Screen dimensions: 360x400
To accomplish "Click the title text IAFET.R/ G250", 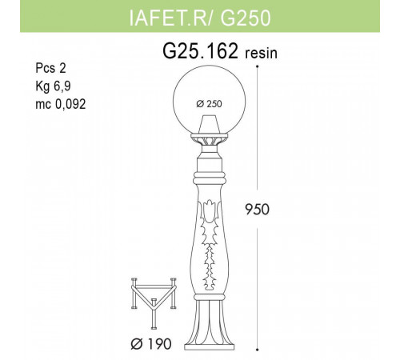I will pyautogui.click(x=199, y=17).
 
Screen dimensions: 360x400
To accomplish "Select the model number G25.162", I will pyautogui.click(x=200, y=52).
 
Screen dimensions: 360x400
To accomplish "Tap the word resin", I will pyautogui.click(x=264, y=54).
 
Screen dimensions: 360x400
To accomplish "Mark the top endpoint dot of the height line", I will pyautogui.click(x=258, y=66).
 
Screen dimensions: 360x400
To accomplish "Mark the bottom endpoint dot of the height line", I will pyautogui.click(x=258, y=349).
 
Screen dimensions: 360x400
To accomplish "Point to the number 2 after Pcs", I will pyautogui.click(x=64, y=70).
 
